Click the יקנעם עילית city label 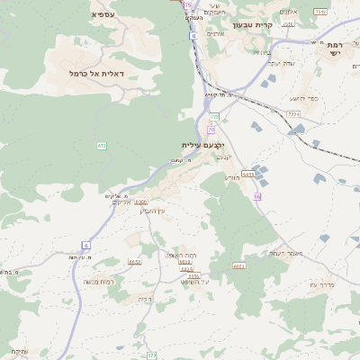point(202,145)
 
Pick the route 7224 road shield point(293,114)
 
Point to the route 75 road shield point(187,4)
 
